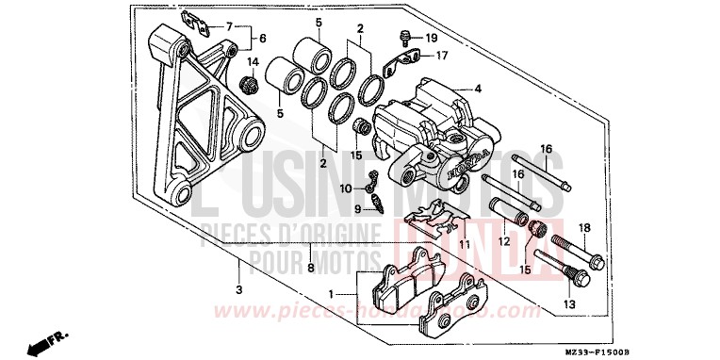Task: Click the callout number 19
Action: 431,38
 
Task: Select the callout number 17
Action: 440,55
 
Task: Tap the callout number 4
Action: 478,90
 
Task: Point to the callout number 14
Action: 252,62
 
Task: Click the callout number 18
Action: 584,229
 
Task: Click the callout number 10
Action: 347,189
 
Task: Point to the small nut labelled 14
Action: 253,85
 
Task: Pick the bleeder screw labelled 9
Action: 378,204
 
